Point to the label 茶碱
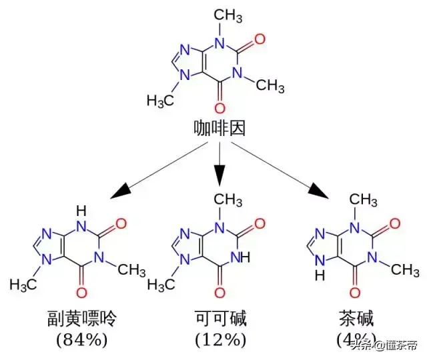tap(354, 319)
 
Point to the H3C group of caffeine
tap(160, 101)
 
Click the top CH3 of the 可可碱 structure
tap(228, 198)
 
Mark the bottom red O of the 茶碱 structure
tap(354, 293)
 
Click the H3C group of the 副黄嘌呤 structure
tap(23, 285)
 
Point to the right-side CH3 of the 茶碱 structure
tap(404, 270)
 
